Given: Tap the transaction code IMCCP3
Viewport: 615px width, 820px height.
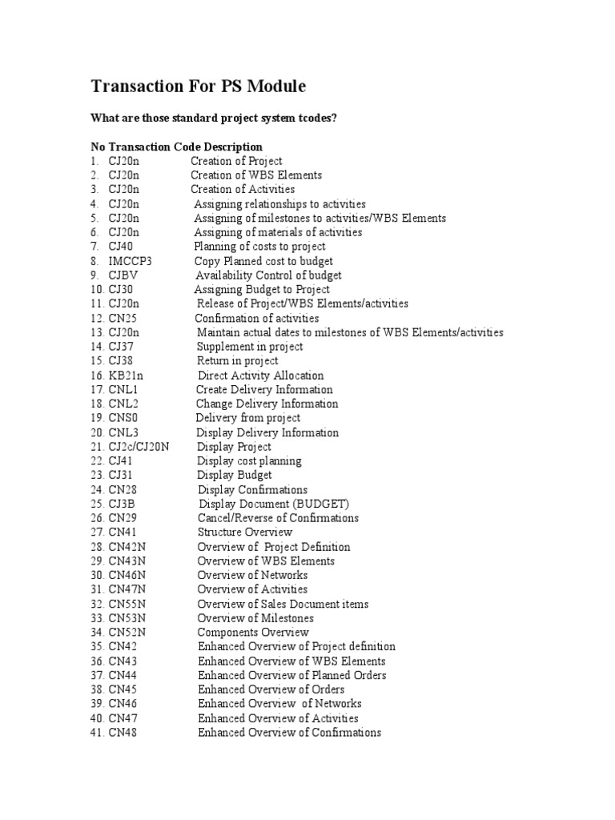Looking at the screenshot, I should click(130, 261).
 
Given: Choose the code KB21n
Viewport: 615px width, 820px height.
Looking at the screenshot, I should click(126, 376).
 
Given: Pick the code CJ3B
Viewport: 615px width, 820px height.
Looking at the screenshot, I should click(123, 504).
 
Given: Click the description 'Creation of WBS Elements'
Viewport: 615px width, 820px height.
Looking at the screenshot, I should click(256, 175).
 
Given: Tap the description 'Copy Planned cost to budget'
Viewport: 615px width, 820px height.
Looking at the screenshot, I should click(263, 261).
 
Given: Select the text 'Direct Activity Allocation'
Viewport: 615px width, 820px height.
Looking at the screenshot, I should click(261, 376).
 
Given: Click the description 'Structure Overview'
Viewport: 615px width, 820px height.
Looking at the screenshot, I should click(245, 533).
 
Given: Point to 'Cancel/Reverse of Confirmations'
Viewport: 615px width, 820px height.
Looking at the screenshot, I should click(278, 518).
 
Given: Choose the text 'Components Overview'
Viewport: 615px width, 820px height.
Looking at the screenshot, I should click(253, 633).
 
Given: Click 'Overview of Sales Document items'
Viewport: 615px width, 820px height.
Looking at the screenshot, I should click(283, 604).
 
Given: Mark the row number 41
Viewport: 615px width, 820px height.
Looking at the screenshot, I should click(98, 733).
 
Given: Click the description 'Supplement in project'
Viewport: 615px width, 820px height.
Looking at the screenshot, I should click(250, 347).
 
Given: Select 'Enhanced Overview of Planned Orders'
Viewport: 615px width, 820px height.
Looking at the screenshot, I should click(292, 675).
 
